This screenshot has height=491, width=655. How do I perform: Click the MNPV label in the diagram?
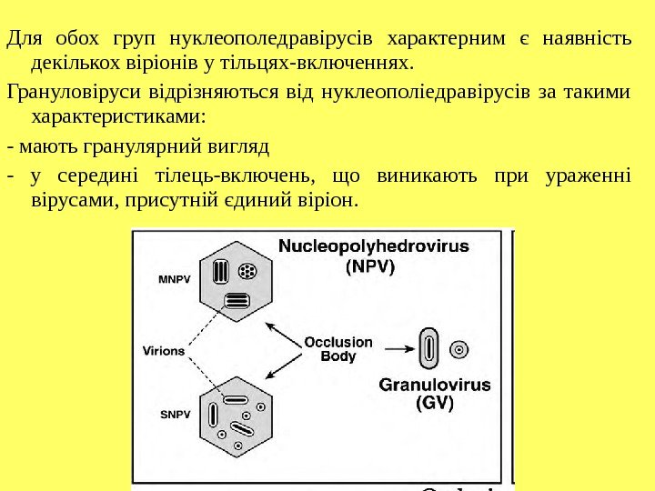pyautogui.click(x=176, y=279)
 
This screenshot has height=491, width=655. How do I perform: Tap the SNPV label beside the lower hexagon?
pyautogui.click(x=176, y=415)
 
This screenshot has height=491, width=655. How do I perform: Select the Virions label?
pyautogui.click(x=164, y=349)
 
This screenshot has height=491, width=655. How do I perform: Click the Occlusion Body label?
pyautogui.click(x=338, y=349)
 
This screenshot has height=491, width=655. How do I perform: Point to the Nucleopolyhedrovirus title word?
pyautogui.click(x=373, y=246)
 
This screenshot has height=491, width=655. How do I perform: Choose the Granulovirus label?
pyautogui.click(x=435, y=385)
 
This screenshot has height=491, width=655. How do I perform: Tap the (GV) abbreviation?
pyautogui.click(x=434, y=403)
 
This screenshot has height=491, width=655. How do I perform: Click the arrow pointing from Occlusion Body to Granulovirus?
pyautogui.click(x=397, y=347)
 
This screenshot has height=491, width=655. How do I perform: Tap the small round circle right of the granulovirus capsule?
pyautogui.click(x=460, y=348)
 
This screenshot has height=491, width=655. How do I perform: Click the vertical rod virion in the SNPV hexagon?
pyautogui.click(x=212, y=415)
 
